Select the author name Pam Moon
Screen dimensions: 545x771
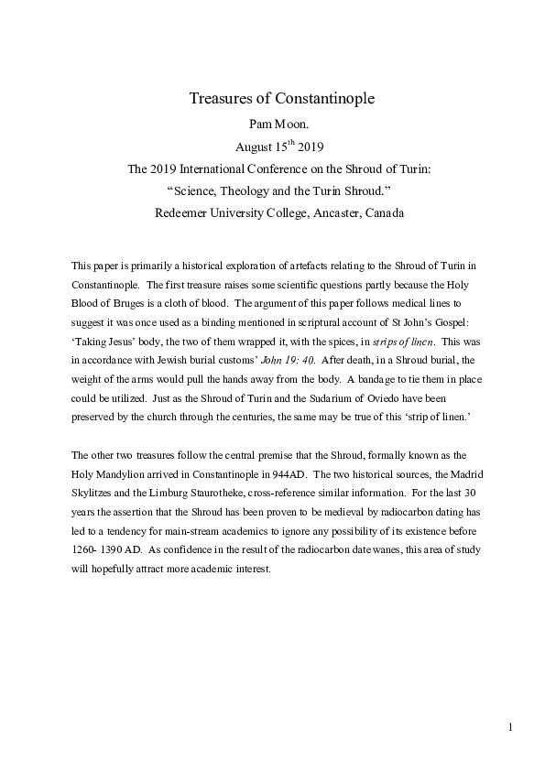272,124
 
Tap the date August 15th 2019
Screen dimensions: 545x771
272,145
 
